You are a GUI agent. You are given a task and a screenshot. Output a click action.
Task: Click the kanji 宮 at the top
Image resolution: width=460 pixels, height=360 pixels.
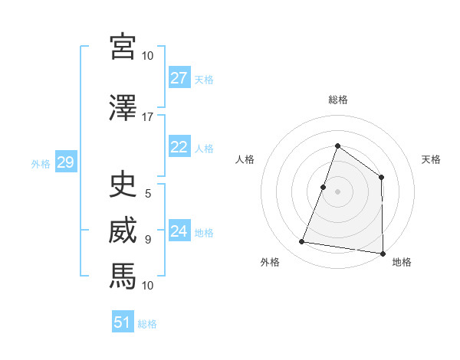(x=123, y=47)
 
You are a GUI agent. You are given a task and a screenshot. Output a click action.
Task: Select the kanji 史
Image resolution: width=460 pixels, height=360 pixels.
(x=123, y=185)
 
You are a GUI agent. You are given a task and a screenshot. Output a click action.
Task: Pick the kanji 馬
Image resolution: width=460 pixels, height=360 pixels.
(x=123, y=275)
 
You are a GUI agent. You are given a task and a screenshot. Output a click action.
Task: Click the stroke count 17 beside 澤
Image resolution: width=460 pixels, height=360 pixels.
(x=148, y=117)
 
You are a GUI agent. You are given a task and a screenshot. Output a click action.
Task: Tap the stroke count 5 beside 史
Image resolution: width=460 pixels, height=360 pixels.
(x=148, y=194)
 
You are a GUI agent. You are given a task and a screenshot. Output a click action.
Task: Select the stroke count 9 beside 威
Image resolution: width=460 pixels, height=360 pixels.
(x=148, y=239)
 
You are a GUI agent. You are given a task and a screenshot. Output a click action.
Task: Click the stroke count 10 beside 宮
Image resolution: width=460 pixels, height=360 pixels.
(x=148, y=56)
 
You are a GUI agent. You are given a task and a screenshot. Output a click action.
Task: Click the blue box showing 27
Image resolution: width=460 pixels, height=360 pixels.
(x=179, y=78)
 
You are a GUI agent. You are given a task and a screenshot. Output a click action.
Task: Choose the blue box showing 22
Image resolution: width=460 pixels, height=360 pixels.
(x=179, y=147)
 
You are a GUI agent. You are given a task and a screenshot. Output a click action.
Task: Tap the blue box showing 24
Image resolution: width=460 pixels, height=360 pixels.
(x=179, y=231)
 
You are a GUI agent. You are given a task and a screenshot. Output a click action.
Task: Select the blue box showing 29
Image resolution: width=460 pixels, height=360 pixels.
(x=65, y=162)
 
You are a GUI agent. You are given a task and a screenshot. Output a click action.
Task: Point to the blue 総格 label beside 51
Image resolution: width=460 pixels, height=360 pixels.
(x=147, y=324)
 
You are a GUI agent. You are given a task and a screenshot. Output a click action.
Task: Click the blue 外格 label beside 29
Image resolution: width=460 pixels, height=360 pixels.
(x=41, y=163)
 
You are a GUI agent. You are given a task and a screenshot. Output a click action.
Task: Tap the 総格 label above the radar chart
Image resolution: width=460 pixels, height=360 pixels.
(x=337, y=100)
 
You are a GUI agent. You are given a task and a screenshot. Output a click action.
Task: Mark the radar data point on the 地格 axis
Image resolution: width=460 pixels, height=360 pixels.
(x=383, y=253)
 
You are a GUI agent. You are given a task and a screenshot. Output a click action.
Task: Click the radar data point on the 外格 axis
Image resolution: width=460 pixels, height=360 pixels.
(x=302, y=242)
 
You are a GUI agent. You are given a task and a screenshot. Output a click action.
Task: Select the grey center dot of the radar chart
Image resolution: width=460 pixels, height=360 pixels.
(x=337, y=191)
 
